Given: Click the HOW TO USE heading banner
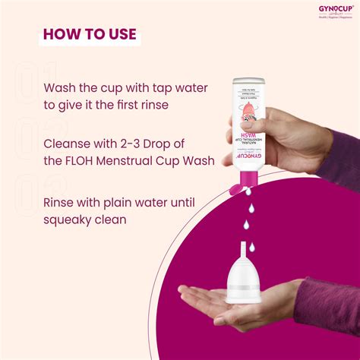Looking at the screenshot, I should click(89, 34).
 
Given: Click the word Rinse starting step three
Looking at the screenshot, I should click(61, 203).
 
